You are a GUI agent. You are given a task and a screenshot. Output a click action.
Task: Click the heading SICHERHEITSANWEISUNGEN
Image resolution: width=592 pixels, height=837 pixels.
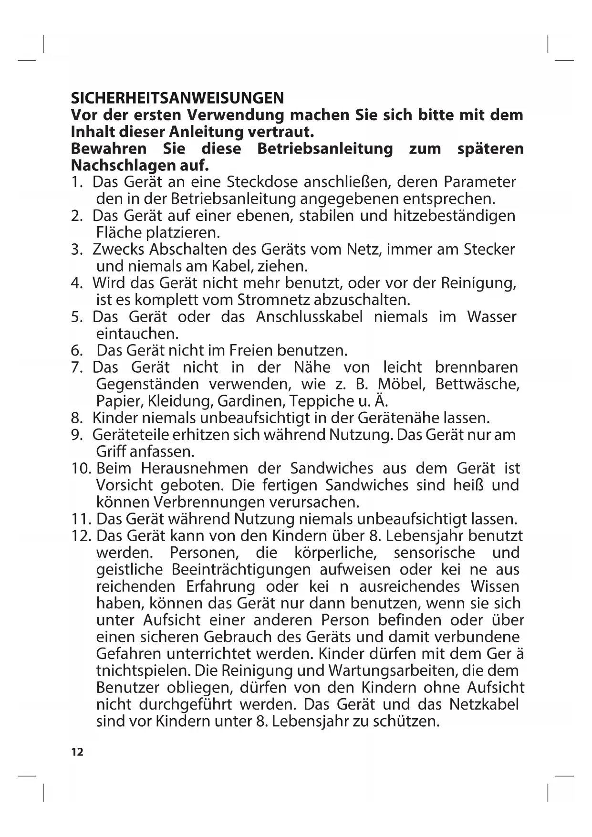click(177, 98)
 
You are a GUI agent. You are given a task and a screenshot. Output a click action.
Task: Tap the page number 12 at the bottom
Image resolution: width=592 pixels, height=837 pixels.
click(77, 753)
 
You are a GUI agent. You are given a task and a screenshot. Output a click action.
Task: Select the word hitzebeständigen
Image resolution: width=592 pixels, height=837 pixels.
click(455, 216)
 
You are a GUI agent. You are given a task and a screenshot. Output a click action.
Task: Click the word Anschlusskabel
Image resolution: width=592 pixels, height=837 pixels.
click(309, 317)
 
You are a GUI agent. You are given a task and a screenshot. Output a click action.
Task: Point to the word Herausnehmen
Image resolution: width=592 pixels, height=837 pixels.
click(194, 469)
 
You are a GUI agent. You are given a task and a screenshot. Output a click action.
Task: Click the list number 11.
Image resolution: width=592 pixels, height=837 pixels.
click(81, 519)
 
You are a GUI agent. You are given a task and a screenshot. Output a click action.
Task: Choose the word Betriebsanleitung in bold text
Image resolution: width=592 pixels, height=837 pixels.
click(325, 149)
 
